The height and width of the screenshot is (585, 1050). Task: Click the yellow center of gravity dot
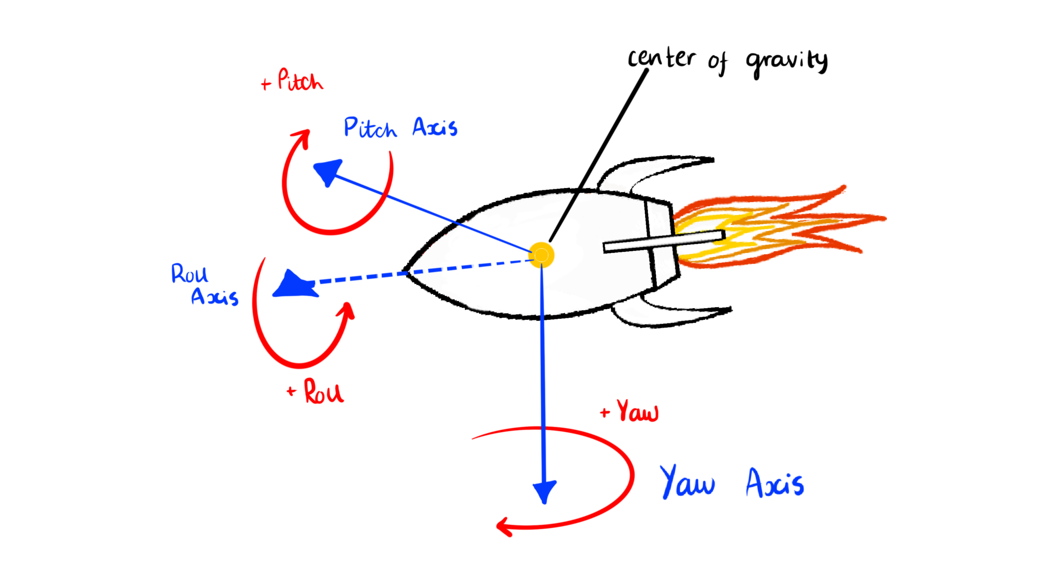coord(541,255)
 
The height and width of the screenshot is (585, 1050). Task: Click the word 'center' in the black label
coord(661,58)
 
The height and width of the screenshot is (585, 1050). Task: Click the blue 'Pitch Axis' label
coord(400,128)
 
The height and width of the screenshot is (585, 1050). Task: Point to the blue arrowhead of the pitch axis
coord(328,171)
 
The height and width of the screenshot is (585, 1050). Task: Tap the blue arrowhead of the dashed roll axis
coord(293,285)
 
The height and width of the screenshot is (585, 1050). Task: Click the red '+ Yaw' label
coord(631,412)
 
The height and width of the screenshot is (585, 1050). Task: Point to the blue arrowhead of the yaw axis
coord(544,491)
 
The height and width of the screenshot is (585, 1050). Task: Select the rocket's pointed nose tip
coord(405,272)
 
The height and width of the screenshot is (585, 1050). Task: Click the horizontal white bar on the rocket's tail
coord(664,241)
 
